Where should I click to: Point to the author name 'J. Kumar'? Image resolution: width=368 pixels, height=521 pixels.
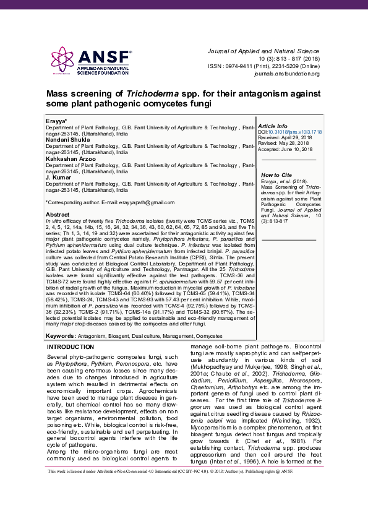tap(56, 178)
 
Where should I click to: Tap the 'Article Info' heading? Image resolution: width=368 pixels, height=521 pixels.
tap(273, 126)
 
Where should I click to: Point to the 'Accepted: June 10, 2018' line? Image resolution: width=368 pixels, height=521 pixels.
tap(286, 149)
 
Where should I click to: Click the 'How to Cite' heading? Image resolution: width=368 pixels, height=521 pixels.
tap(276, 175)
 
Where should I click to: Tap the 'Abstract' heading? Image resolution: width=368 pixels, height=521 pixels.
tap(58, 214)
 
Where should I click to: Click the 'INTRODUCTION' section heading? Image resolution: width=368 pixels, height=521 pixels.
tap(71, 347)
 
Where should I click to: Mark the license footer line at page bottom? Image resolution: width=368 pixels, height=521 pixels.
tap(184, 506)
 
